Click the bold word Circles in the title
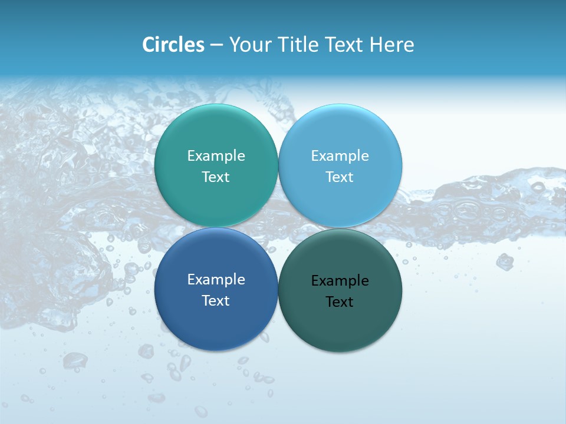tap(173, 45)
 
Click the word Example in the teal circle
tap(216, 156)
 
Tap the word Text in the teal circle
tap(216, 177)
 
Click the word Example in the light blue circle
tap(340, 156)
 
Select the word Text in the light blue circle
tap(340, 177)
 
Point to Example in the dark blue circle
tap(216, 280)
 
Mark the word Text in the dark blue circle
tap(216, 301)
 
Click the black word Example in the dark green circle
tap(340, 281)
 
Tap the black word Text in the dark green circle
tap(340, 302)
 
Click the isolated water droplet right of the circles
tap(504, 261)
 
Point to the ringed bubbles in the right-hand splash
tap(472, 209)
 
